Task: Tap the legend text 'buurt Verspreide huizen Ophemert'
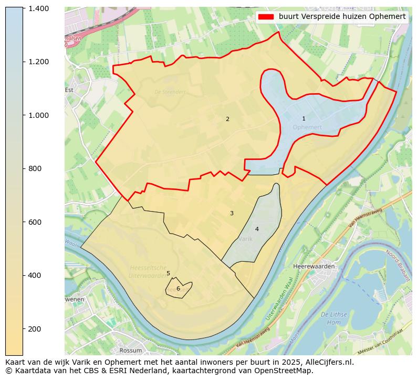[342, 17]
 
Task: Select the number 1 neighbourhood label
[304, 119]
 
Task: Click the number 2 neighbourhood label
[227, 119]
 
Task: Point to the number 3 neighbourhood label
[232, 213]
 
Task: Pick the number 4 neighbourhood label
[257, 229]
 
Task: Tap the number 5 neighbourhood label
[168, 273]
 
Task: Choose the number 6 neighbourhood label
[178, 288]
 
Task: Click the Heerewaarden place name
[314, 266]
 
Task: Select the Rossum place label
[131, 350]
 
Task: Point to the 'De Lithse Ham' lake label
[334, 318]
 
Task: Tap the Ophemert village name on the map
[307, 127]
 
